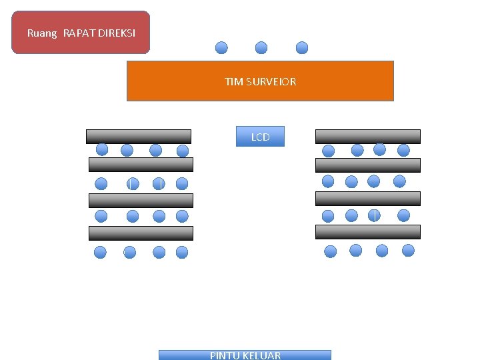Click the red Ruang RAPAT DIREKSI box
[x=81, y=32]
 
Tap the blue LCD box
[x=260, y=137]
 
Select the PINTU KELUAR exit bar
[x=245, y=355]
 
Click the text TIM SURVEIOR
[x=261, y=81]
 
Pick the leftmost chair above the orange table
[x=221, y=47]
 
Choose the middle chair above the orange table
[x=261, y=47]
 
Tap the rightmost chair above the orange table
[x=302, y=47]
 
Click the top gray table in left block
[x=139, y=136]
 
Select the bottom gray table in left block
[x=141, y=233]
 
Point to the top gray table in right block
[x=368, y=136]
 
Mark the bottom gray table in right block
[x=368, y=231]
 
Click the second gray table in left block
[x=141, y=165]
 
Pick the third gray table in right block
[x=368, y=198]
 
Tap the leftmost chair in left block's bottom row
[x=100, y=252]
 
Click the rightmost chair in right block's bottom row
[x=408, y=250]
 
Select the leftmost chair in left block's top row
[x=102, y=149]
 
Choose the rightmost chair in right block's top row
[x=403, y=150]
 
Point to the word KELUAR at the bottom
[x=263, y=355]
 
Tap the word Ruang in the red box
[x=42, y=33]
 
